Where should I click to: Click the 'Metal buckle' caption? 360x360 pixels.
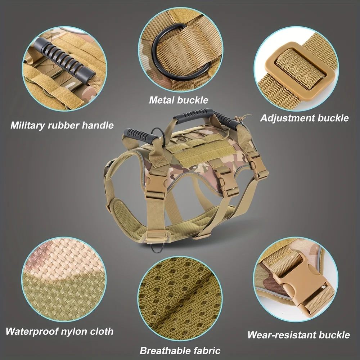(x=179, y=100)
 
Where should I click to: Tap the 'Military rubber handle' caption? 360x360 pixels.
(x=62, y=125)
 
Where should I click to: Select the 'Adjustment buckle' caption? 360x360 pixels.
(x=305, y=118)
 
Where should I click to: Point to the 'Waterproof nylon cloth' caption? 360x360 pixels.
(x=59, y=332)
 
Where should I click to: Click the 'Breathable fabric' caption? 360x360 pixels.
(x=180, y=351)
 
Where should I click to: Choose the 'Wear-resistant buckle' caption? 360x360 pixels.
(x=298, y=335)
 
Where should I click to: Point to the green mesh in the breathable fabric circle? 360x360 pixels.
(x=180, y=298)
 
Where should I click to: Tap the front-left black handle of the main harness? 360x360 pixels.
(x=140, y=135)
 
